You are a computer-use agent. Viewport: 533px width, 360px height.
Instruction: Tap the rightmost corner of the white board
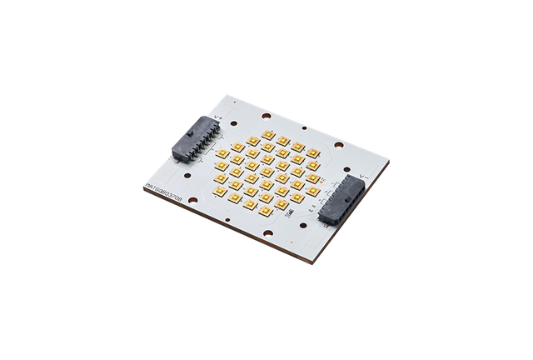(390, 155)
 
